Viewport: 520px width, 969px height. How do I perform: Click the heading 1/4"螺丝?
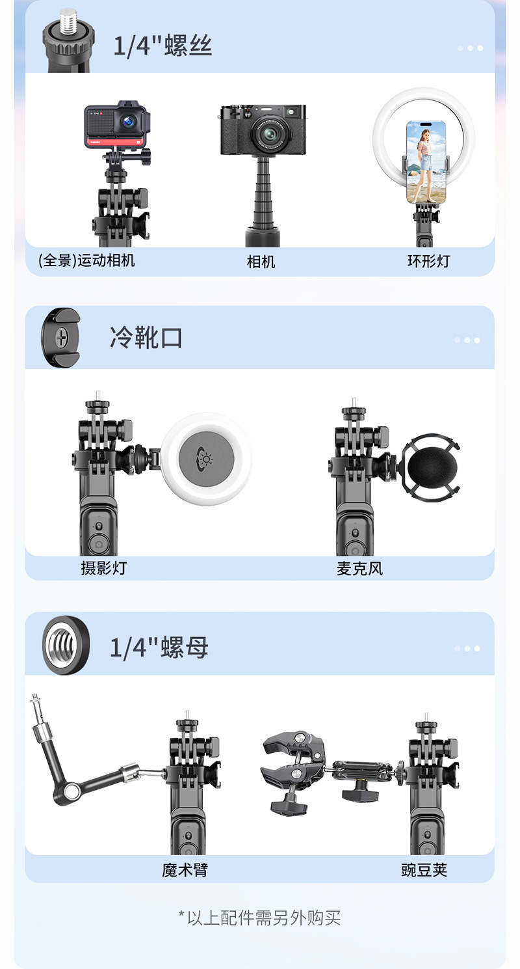[x=162, y=46]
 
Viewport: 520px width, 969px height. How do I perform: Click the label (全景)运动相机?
[x=86, y=261]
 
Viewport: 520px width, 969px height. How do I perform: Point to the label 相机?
[x=261, y=262]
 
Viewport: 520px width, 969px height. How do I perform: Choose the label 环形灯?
[x=428, y=262]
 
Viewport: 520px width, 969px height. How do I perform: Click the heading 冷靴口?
[x=146, y=338]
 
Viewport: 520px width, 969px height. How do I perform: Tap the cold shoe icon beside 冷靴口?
[x=60, y=338]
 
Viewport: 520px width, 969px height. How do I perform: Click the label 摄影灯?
[x=103, y=568]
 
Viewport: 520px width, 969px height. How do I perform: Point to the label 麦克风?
[x=359, y=568]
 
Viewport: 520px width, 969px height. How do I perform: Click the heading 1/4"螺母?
[x=159, y=648]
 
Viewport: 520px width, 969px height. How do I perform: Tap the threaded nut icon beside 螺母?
[x=66, y=646]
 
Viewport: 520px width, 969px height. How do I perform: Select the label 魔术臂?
[x=185, y=869]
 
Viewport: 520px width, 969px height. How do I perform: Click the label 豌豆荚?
[x=424, y=869]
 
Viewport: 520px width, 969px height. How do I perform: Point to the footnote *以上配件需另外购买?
[x=260, y=918]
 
